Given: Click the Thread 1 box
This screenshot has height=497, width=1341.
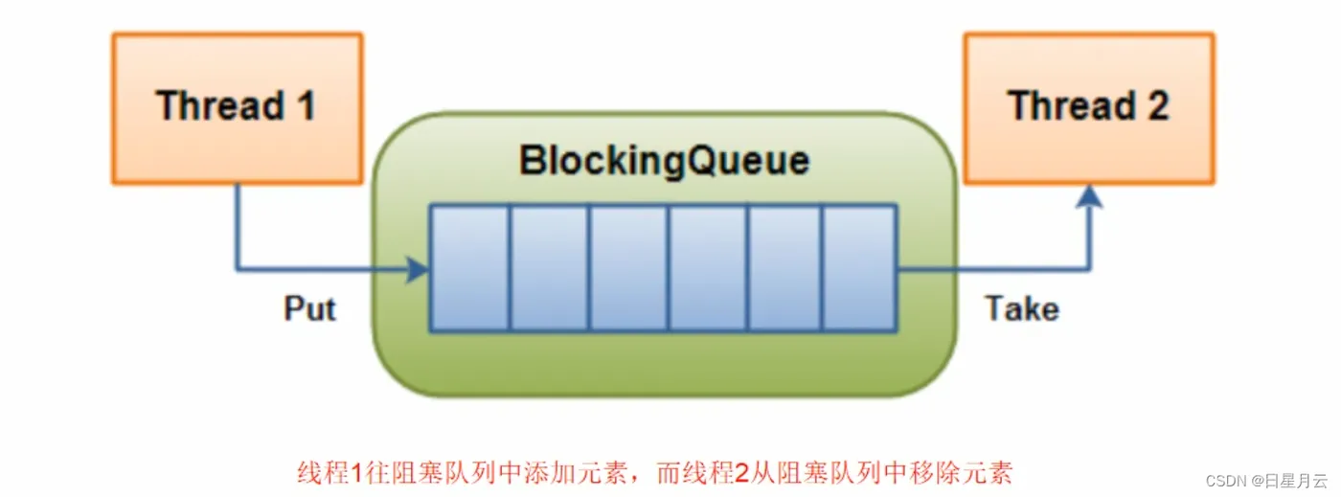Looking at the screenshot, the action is point(237,107).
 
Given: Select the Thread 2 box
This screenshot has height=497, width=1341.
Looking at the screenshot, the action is point(1088,107).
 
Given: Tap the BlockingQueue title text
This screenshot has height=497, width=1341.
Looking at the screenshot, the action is point(664,161).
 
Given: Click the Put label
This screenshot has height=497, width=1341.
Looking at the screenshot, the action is point(310,308).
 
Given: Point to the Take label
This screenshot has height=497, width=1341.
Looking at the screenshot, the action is point(1022,308).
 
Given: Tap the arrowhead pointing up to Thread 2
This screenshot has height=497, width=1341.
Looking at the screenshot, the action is point(1089,196).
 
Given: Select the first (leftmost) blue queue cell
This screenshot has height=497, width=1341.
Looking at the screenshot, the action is point(468,268).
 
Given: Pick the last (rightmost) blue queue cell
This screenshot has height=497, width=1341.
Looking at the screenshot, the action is point(858,268).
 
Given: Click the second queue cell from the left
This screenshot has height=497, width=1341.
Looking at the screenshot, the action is point(548,268).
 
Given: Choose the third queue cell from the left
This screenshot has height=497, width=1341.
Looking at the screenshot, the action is point(627,268).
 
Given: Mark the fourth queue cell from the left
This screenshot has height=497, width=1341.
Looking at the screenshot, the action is point(707,268).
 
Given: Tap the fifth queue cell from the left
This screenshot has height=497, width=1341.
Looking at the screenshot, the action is point(784,268).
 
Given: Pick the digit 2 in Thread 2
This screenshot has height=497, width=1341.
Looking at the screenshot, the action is point(1156,105).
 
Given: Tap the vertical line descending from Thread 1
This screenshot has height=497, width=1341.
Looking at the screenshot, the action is point(237,225).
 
